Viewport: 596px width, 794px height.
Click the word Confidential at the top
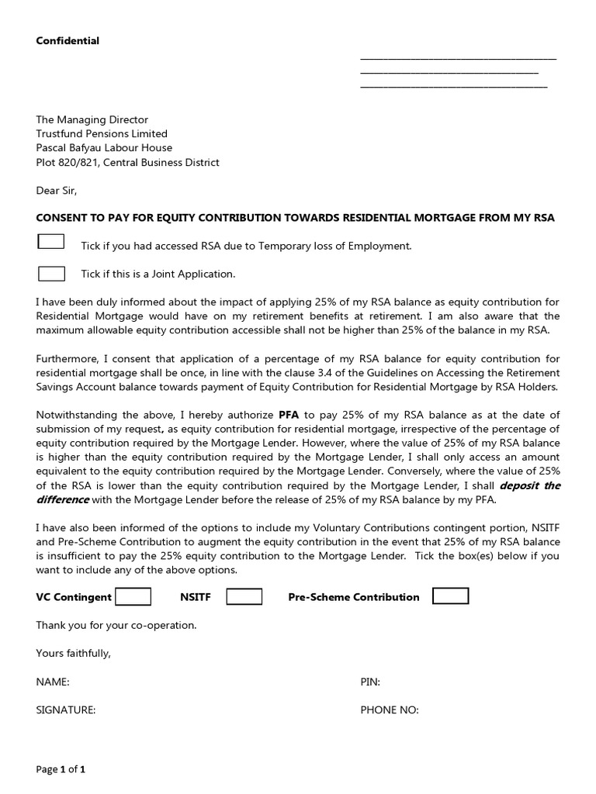point(68,40)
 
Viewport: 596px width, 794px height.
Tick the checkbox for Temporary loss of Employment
point(51,242)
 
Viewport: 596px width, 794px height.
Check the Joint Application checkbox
point(51,273)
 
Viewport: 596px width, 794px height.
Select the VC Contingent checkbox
point(133,596)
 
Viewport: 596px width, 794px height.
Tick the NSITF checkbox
point(244,596)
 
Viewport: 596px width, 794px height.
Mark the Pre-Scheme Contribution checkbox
point(450,595)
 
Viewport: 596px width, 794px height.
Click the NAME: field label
point(53,682)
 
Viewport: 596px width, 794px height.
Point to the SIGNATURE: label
point(65,709)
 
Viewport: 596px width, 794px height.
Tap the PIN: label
point(370,682)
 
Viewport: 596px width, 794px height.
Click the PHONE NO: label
point(389,709)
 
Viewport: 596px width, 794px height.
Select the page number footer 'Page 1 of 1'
point(61,770)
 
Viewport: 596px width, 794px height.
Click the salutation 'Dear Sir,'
point(57,190)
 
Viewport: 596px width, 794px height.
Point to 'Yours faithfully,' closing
point(74,653)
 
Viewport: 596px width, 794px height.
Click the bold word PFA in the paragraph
point(289,415)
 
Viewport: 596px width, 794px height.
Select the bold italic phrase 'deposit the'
point(530,485)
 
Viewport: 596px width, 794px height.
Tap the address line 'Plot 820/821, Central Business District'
point(127,162)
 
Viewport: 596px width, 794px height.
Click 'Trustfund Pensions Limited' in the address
point(102,133)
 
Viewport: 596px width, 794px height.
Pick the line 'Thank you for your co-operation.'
point(116,624)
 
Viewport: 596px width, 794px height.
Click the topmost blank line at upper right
point(458,59)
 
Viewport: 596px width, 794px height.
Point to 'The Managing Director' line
point(92,119)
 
